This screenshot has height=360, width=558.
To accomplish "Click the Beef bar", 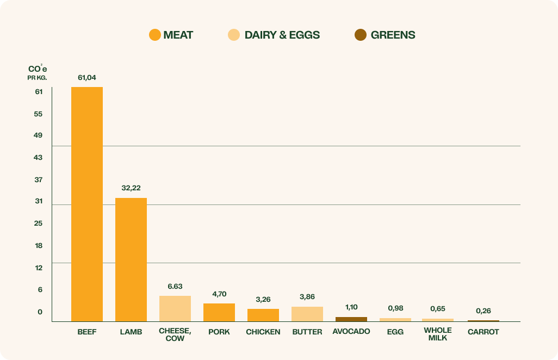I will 87,204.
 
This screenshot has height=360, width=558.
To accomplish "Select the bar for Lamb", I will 131,259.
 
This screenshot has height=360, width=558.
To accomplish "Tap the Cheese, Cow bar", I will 175,308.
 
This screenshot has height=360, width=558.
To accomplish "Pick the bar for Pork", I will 219,312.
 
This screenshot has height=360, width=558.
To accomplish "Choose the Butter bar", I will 307,314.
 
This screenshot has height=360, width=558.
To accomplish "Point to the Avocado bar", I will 351,319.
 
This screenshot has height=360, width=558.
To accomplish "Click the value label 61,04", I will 87,78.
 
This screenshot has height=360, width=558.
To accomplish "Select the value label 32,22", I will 131,188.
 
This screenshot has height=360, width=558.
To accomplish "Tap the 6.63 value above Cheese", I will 175,286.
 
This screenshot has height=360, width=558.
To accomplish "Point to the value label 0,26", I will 483,311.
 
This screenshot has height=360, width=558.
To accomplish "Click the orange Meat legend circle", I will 155,35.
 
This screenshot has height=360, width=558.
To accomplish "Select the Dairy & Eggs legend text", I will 282,35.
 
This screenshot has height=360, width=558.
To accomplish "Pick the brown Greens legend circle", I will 361,35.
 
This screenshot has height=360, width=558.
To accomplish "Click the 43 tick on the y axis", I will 39,158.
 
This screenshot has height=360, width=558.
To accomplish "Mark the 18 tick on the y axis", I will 39,246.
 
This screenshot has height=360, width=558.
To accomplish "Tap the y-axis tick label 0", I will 40,312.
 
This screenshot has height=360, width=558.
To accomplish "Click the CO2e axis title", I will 38,70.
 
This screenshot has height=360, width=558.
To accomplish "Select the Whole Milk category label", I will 438,334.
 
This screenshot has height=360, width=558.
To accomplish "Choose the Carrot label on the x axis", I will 483,332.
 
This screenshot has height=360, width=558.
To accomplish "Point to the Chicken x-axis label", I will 263,332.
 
